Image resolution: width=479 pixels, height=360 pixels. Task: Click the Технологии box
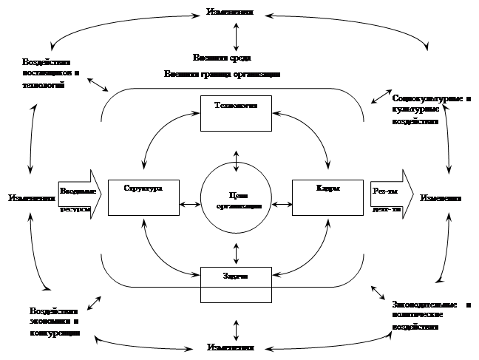point(237,113)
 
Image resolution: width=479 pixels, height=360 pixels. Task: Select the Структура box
point(143,197)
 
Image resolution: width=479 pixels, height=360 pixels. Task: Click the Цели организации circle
point(237,197)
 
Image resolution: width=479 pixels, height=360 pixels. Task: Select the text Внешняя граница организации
point(222,73)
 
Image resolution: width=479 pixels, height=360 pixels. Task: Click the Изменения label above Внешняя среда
point(234,13)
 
